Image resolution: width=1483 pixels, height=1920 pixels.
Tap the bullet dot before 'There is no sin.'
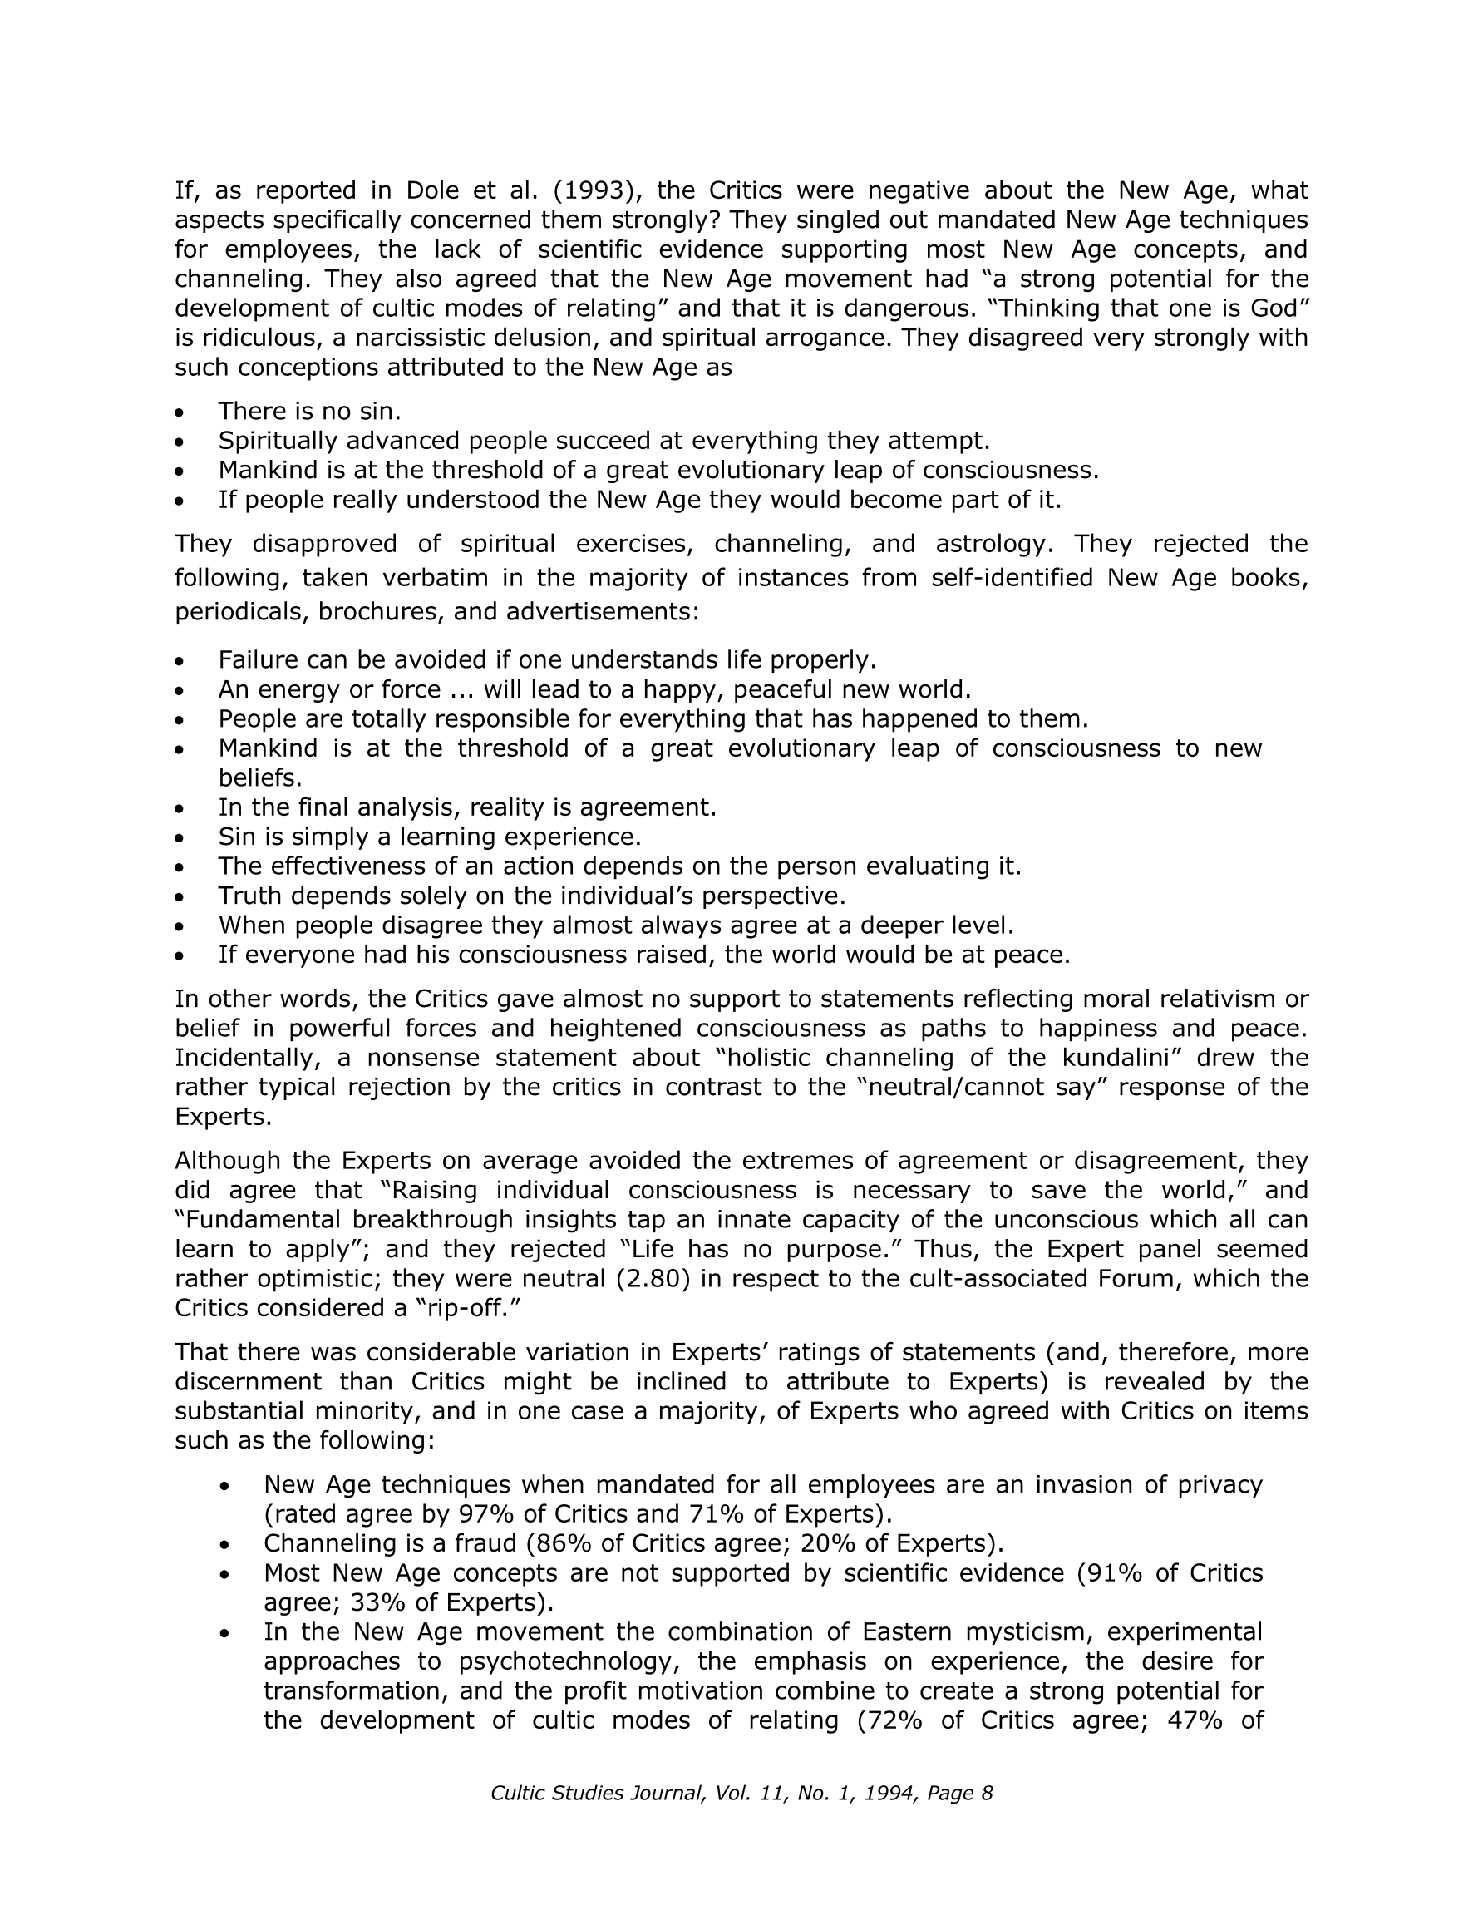coord(180,412)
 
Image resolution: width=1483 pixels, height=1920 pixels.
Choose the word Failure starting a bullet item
coord(263,659)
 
